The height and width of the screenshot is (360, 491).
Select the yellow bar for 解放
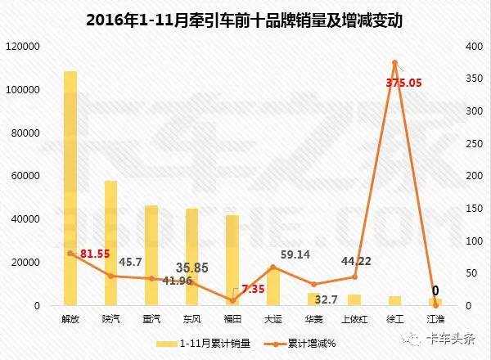click(70, 188)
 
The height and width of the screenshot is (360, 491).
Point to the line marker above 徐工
click(394, 62)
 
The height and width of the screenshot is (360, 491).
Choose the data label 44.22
click(356, 262)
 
